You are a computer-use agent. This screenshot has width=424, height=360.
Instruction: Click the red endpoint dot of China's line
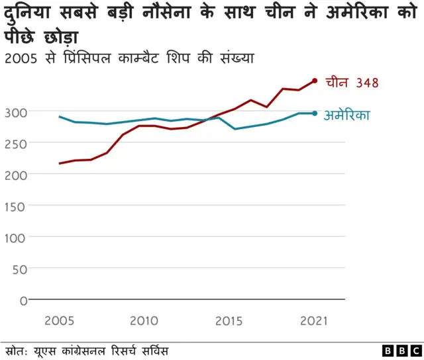click(315, 81)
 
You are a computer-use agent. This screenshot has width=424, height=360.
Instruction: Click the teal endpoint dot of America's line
click(315, 113)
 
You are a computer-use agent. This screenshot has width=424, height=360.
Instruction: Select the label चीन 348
click(352, 83)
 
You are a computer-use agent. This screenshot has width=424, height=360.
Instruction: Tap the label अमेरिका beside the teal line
click(346, 114)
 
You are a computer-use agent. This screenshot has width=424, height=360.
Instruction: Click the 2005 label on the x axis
click(59, 321)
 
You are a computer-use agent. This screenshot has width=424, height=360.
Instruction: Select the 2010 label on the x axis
click(143, 321)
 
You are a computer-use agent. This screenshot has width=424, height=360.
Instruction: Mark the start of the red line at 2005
click(60, 163)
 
